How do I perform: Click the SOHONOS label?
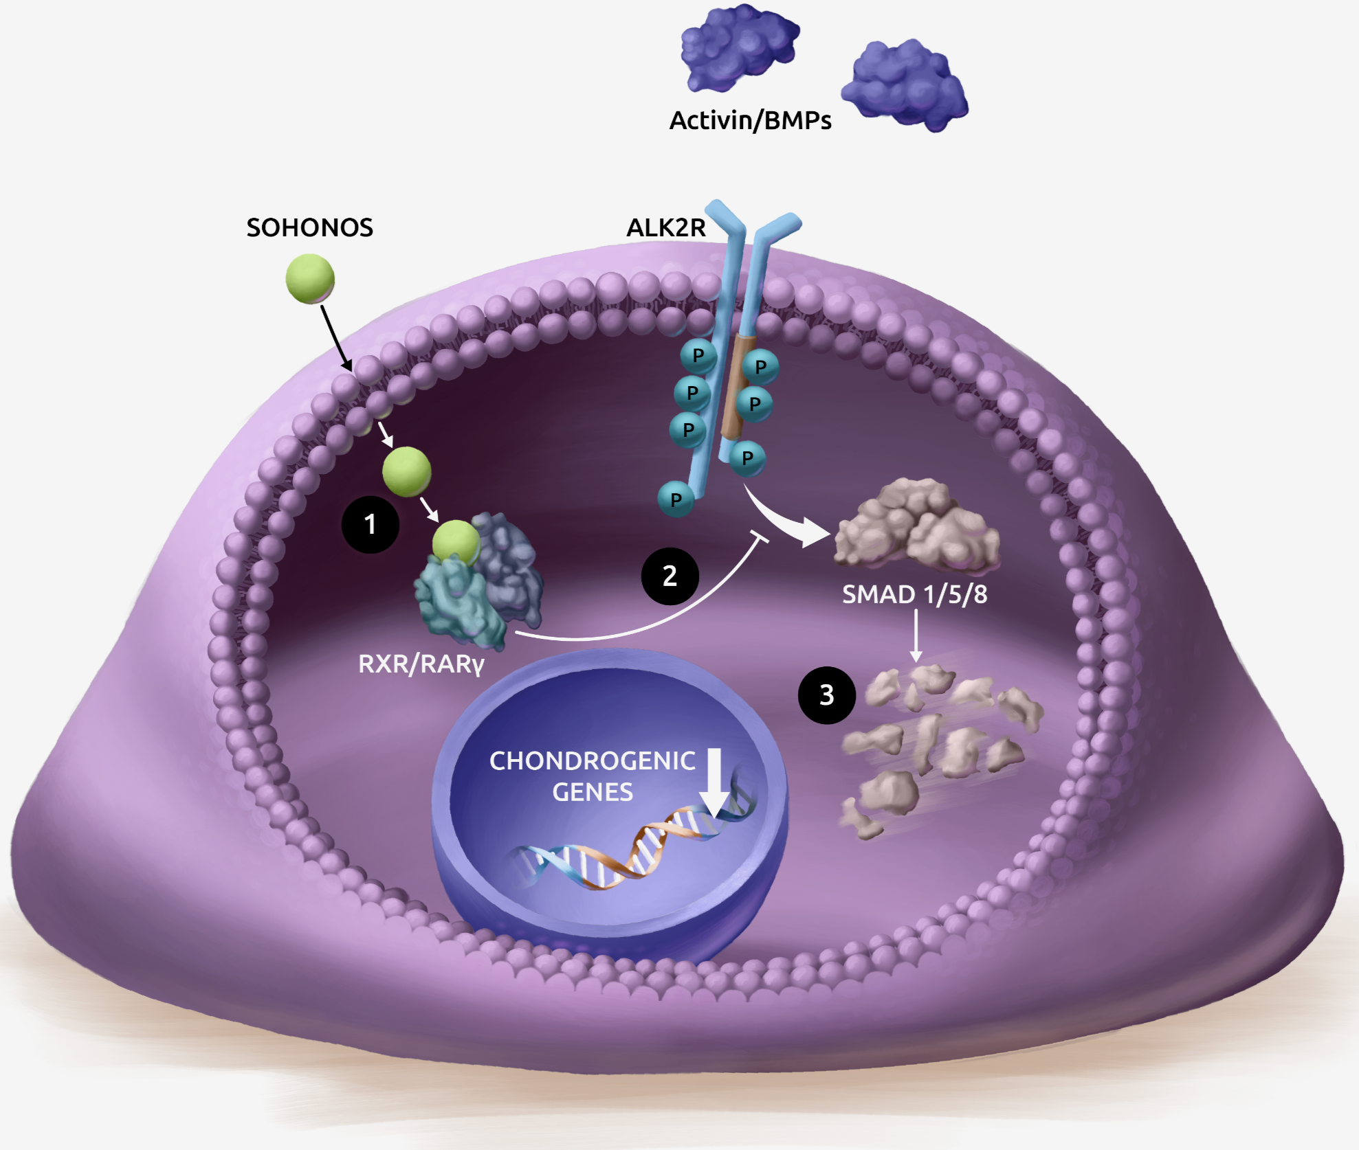point(309,227)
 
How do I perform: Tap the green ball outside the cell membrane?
point(310,278)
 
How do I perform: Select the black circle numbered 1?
point(370,525)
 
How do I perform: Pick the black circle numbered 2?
point(670,576)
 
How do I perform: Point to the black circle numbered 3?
point(826,695)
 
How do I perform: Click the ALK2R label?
point(665,227)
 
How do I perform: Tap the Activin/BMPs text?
point(750,120)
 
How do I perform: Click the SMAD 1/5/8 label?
point(914,594)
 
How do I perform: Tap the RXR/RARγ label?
point(421,664)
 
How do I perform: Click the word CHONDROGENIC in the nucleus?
point(592,760)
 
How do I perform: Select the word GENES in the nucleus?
point(592,792)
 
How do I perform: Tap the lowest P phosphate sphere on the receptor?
point(675,499)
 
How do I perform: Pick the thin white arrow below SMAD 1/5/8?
point(916,635)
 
